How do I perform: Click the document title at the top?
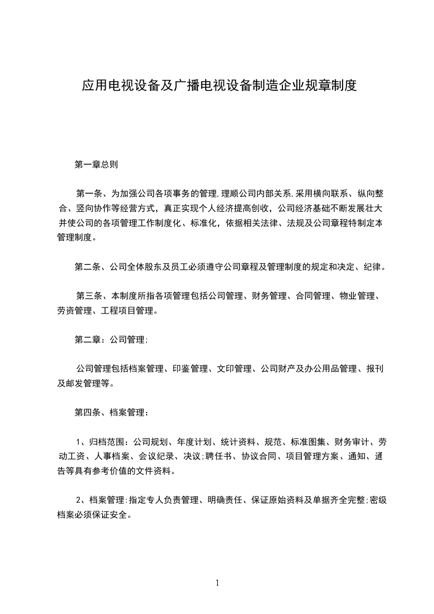point(219,86)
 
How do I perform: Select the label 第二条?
point(88,267)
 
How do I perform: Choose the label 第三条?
point(90,297)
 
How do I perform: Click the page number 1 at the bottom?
point(217,583)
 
